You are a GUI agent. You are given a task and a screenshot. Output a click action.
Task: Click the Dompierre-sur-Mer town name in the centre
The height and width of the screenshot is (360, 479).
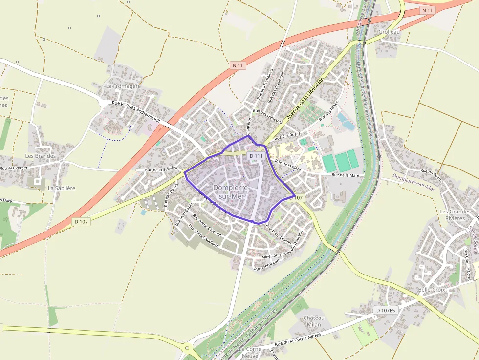tap(231, 191)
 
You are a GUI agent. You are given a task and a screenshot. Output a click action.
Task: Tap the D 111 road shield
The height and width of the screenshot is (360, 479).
tap(256, 156)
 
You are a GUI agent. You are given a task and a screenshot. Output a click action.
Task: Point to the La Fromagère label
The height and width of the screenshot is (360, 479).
tap(123, 86)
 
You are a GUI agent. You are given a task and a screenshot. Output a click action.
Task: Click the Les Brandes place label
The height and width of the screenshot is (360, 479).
tap(41, 156)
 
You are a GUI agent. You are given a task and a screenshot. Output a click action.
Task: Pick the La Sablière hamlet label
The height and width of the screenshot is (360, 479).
tap(62, 188)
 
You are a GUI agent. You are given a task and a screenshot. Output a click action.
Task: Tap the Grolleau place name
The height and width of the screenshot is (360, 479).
tap(389, 32)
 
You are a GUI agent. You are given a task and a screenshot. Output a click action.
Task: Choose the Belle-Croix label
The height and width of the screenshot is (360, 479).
tap(432, 290)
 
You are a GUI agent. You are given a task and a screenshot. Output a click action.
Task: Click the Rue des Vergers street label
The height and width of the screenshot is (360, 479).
tap(15, 168)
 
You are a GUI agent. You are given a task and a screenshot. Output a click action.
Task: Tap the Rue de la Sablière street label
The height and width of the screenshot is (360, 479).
tap(161, 169)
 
